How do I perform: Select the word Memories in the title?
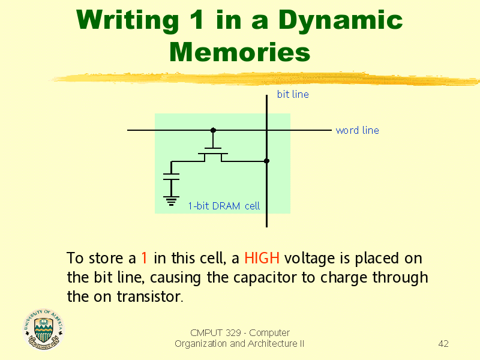239,52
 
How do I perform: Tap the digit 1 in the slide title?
196,20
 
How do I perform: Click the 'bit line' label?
293,94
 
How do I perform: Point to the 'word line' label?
357,130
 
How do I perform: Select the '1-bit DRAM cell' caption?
224,206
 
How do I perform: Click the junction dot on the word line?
214,130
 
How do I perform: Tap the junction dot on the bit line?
266,161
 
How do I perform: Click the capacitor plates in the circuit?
171,176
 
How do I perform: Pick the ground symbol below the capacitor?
171,201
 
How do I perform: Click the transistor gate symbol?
213,151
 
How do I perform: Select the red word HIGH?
262,258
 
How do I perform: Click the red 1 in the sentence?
144,258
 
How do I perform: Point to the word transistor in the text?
150,296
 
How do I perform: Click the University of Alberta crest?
44,329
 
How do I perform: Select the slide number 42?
443,343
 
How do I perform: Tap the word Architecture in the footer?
272,343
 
